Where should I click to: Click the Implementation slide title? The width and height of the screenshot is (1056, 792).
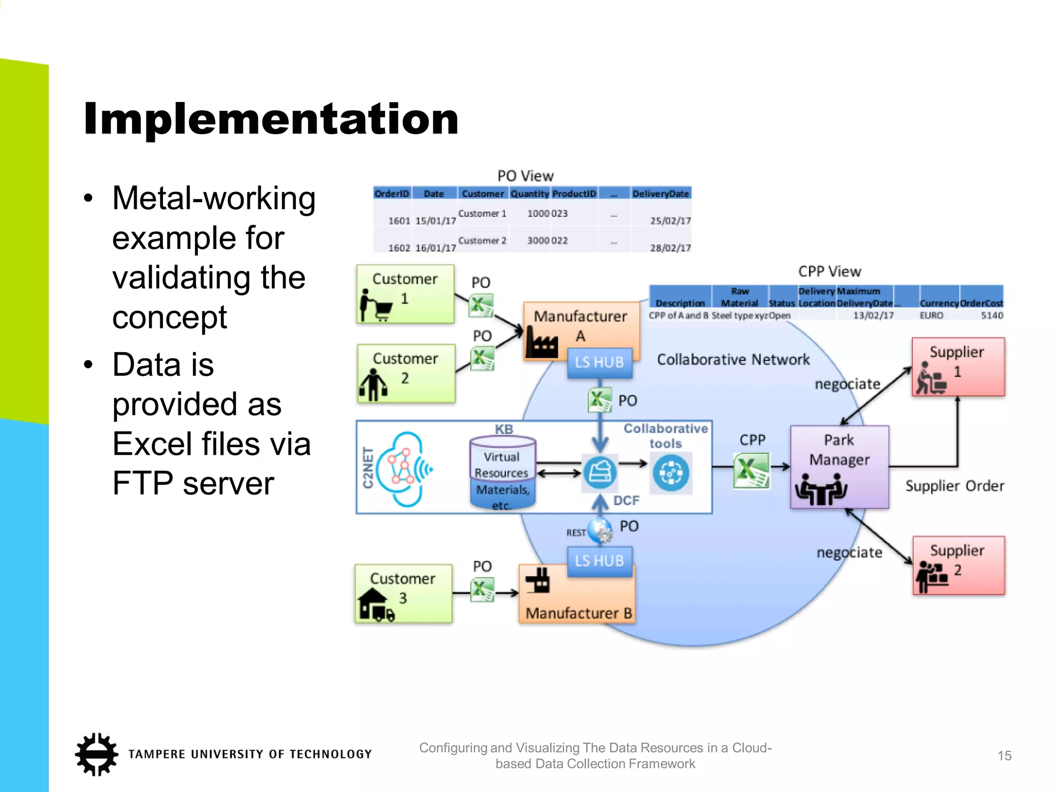point(271,119)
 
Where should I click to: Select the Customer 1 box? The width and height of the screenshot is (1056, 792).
point(405,294)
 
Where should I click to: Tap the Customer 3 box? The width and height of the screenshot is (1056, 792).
point(403,593)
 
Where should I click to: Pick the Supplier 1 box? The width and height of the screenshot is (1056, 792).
point(958,367)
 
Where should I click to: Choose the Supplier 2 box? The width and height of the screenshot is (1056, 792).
point(959,565)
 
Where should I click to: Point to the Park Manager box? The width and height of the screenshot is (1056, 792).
point(839,467)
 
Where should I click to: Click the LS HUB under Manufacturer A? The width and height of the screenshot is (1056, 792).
point(599,362)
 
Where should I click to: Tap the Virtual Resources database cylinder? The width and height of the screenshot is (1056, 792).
point(503,472)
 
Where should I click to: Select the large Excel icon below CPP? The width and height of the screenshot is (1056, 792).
point(751,470)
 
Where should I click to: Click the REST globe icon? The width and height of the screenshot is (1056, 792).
point(600,531)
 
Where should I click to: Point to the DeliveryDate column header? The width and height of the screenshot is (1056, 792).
point(661,194)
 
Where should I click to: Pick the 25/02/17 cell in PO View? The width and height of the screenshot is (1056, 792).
point(670,221)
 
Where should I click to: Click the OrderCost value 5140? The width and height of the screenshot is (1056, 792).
point(992,316)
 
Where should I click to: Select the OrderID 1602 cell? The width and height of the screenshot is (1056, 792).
point(399,248)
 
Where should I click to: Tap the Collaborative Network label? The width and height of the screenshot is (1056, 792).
point(733,359)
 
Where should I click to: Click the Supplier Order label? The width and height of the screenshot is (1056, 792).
point(954,486)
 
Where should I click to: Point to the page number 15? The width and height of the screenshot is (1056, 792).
point(1004,756)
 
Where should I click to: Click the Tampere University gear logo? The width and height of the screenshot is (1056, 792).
point(96,754)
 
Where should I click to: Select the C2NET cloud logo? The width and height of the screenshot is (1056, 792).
point(402,469)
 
